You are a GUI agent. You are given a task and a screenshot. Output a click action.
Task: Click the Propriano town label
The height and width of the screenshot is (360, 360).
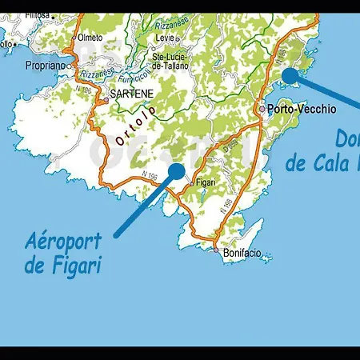pos(44,66)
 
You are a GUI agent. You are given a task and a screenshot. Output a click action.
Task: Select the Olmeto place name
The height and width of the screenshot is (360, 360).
pos(90,37)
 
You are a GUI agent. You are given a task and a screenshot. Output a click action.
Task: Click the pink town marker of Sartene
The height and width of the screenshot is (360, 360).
pos(103,102)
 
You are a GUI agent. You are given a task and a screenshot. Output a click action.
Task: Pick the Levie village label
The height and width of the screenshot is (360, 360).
pos(165,38)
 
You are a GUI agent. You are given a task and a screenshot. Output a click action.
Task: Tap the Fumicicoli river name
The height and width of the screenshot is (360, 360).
pos(132,78)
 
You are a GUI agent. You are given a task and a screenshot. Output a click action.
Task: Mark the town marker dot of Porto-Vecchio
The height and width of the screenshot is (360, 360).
pos(262,108)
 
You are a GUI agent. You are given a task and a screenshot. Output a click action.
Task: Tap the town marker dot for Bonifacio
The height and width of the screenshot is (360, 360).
pos(216,250)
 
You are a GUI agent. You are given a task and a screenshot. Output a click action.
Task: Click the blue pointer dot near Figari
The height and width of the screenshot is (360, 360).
pos(176,170)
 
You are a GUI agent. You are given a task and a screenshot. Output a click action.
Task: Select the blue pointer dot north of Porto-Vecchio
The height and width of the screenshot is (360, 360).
pos(290,74)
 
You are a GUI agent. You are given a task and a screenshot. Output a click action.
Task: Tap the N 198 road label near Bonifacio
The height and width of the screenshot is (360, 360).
pos(227,206)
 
